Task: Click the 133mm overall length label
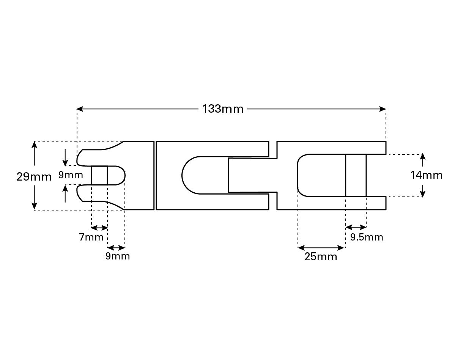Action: pyautogui.click(x=223, y=109)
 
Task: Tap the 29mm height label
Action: pyautogui.click(x=34, y=177)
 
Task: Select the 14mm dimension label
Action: pyautogui.click(x=426, y=175)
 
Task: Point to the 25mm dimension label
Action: pyautogui.click(x=321, y=257)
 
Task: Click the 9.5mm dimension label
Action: pyautogui.click(x=366, y=237)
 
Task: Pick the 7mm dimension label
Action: pyautogui.click(x=91, y=237)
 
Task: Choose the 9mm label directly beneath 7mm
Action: pyautogui.click(x=118, y=256)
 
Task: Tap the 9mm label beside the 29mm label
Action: pyautogui.click(x=71, y=175)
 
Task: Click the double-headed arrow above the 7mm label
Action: pyautogui.click(x=100, y=228)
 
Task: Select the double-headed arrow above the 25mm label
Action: pyautogui.click(x=321, y=248)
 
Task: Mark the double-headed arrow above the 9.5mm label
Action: pyautogui.click(x=356, y=227)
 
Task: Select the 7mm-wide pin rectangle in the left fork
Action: pyautogui.click(x=99, y=175)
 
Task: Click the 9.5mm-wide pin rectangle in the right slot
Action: pyautogui.click(x=356, y=175)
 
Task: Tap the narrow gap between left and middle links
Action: pyautogui.click(x=155, y=175)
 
